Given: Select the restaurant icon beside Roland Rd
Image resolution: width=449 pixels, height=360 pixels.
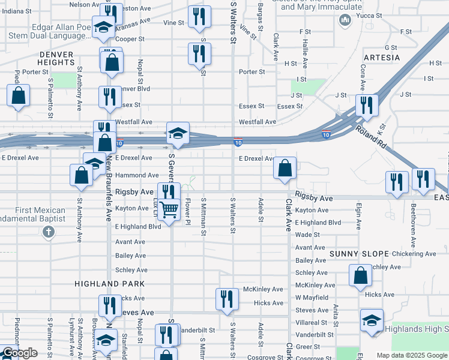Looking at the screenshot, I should [365, 106].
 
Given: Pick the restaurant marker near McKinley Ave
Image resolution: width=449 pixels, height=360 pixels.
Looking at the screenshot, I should [226, 299].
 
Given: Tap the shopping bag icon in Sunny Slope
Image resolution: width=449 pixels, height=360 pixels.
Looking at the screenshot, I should [360, 277].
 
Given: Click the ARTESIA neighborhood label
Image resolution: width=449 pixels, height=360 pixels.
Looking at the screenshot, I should [381, 58].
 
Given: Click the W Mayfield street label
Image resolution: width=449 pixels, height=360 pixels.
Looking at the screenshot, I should [312, 297].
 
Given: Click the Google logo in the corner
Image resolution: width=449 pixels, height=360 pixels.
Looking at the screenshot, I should [20, 353].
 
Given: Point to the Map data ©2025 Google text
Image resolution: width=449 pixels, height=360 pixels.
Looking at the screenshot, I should [412, 355].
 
